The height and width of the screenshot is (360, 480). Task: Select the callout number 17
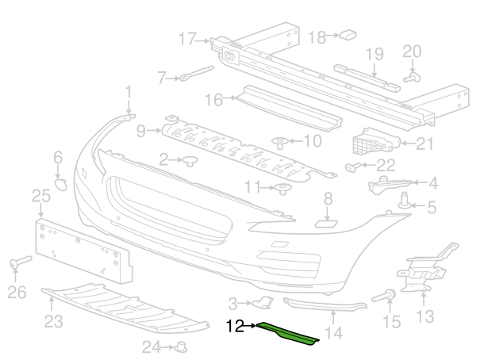pos(187,37)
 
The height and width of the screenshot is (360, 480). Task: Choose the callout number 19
pos(374,53)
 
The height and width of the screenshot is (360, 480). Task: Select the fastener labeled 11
pos(282,188)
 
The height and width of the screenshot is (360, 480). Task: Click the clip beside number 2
pos(190,162)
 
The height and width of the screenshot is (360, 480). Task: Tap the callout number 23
pos(53,321)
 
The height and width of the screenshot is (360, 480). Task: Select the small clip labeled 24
pos(182,346)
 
